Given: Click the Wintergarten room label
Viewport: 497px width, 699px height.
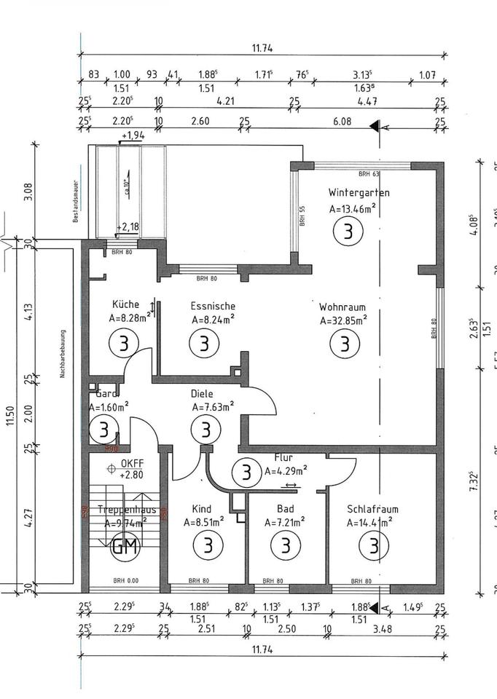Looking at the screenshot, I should tap(359, 194).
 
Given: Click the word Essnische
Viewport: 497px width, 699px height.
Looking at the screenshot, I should tap(213, 306).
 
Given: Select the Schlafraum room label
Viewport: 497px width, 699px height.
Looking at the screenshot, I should tap(372, 510).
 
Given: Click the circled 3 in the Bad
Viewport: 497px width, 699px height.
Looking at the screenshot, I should tap(285, 544).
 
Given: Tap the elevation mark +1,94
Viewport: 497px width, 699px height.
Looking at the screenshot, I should tap(134, 136).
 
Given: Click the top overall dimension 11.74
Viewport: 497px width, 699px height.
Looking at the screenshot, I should tap(262, 48).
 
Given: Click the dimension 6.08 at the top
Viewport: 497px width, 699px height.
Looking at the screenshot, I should tap(341, 122).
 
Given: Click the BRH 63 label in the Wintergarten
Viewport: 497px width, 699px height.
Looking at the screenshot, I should tap(369, 174).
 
